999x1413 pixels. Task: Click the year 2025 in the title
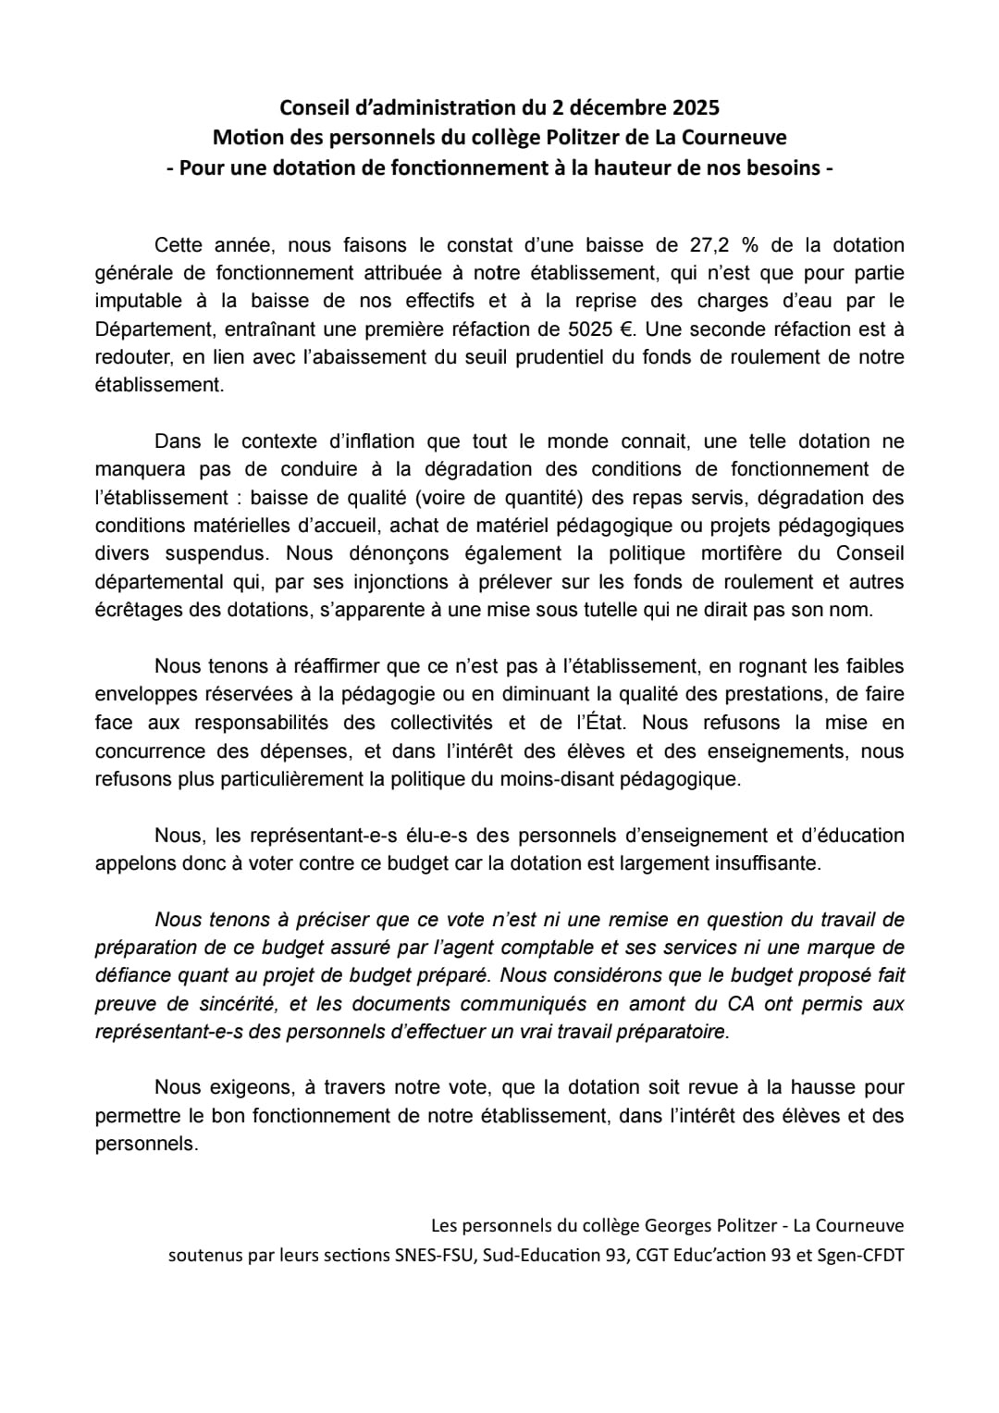[691, 107]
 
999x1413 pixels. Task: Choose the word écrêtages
[139, 610]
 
